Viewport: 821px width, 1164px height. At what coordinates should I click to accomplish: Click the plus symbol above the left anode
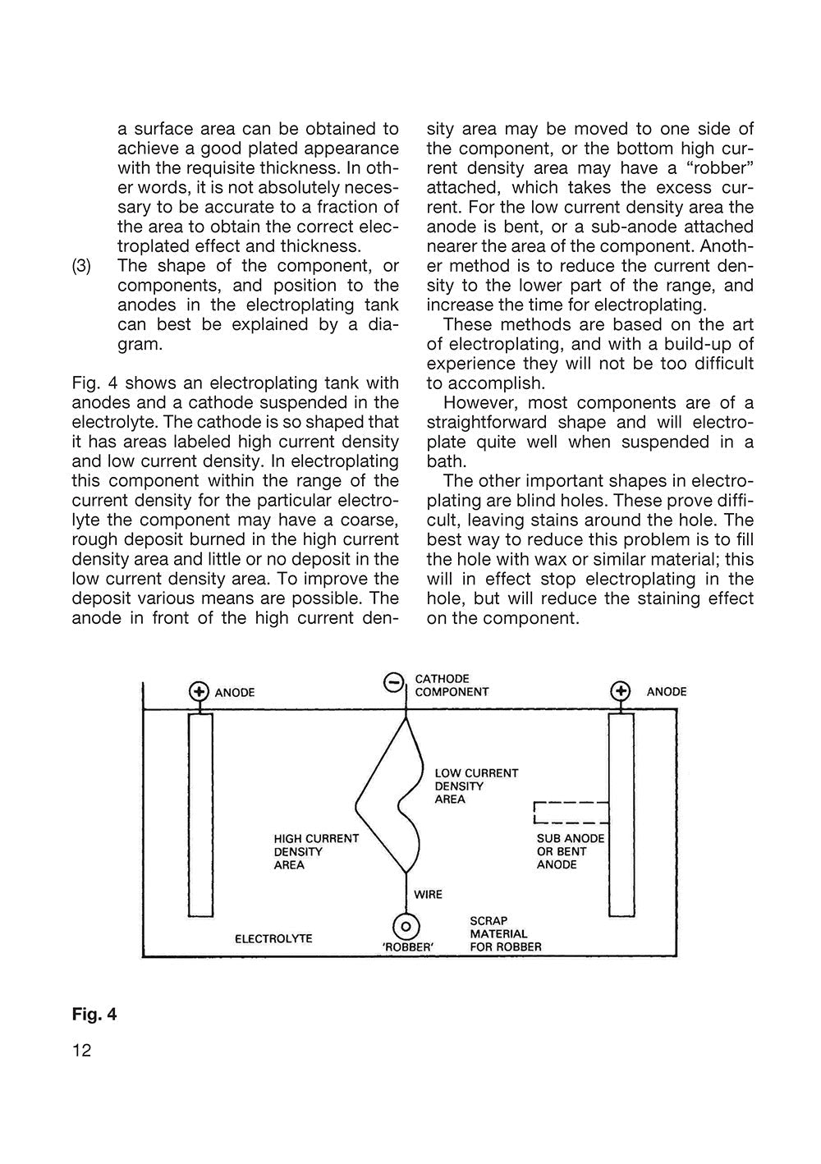click(x=198, y=692)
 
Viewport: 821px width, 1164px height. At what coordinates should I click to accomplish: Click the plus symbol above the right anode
click(x=621, y=691)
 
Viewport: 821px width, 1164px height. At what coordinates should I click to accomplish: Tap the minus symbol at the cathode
click(x=394, y=681)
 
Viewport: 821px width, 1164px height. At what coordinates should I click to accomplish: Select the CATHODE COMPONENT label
click(x=452, y=685)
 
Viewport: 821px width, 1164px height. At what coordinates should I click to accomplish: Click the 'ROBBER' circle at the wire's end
click(x=406, y=928)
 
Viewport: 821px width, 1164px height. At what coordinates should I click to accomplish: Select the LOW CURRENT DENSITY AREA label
click(x=476, y=786)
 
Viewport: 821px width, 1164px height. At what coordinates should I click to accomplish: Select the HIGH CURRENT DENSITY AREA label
click(x=316, y=851)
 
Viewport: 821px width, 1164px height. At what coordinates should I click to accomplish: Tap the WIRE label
click(x=428, y=894)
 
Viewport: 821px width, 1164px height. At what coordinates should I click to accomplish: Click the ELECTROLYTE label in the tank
click(x=273, y=937)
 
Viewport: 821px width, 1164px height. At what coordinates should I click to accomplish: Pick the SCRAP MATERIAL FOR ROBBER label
click(x=505, y=933)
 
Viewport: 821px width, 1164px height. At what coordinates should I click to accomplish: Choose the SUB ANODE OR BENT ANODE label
click(x=570, y=851)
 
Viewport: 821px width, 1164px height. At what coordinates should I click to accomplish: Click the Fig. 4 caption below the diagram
click(x=94, y=1015)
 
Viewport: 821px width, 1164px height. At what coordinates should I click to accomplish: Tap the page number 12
click(x=82, y=1050)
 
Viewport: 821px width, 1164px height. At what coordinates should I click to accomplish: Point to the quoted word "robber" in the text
click(x=721, y=168)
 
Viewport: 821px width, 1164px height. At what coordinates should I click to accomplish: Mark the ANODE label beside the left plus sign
click(x=235, y=693)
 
